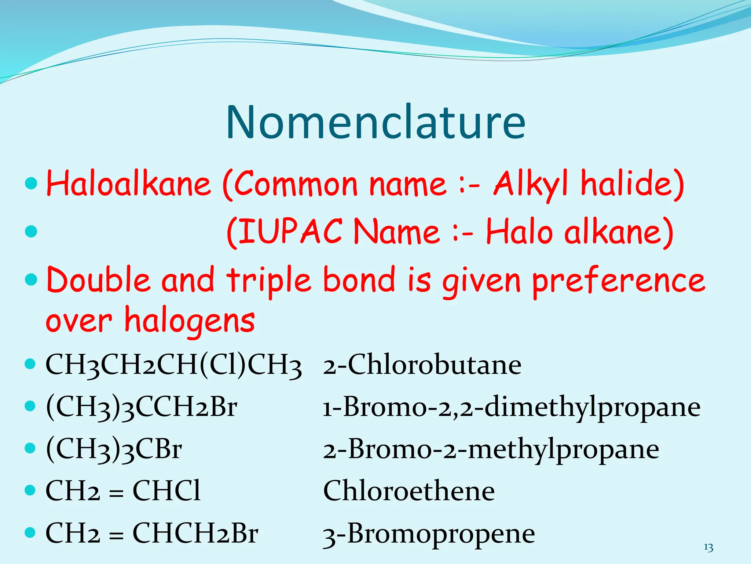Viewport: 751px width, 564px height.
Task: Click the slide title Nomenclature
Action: pyautogui.click(x=375, y=122)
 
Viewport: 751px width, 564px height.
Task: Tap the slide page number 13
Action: pyautogui.click(x=708, y=548)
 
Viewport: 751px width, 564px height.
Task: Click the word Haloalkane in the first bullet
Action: pyautogui.click(x=128, y=184)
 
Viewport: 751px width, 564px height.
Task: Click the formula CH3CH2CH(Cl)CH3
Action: pyautogui.click(x=173, y=365)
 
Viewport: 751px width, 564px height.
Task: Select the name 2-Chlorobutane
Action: pyautogui.click(x=422, y=365)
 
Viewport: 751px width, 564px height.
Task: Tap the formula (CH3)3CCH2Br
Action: pyautogui.click(x=142, y=407)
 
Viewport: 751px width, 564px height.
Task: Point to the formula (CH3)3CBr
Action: pyautogui.click(x=114, y=449)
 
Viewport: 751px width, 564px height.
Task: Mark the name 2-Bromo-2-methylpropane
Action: pyautogui.click(x=491, y=449)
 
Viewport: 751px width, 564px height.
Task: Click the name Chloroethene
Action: pyautogui.click(x=409, y=491)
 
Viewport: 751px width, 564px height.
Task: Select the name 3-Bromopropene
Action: pyautogui.click(x=429, y=534)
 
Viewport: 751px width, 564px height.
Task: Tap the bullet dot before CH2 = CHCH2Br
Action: pyautogui.click(x=31, y=532)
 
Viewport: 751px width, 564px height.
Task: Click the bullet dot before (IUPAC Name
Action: pyautogui.click(x=32, y=231)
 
